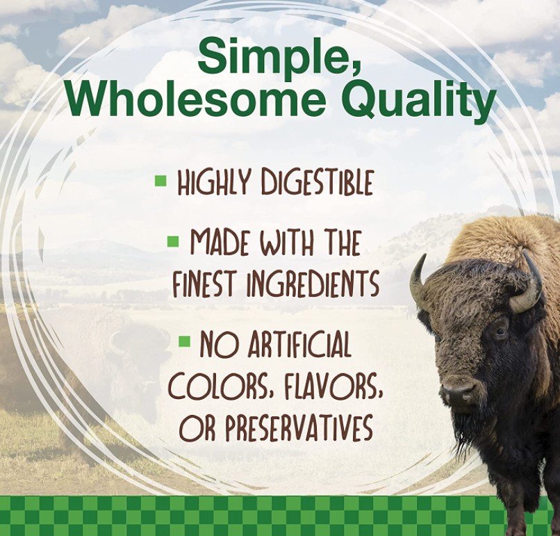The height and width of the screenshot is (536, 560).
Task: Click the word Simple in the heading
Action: click(x=279, y=56)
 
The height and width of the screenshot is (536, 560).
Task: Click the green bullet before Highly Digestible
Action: click(x=160, y=180)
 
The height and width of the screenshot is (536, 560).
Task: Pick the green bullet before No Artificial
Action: click(x=185, y=341)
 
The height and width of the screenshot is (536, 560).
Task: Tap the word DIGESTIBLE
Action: click(x=317, y=184)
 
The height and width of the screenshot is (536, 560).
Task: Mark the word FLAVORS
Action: click(x=334, y=387)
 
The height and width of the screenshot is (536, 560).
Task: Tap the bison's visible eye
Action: click(x=500, y=332)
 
